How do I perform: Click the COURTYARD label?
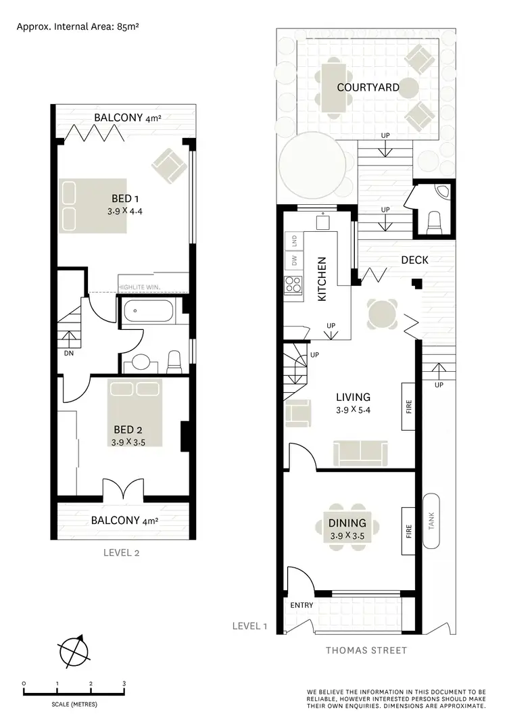(368, 87)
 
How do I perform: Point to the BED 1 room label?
(125, 198)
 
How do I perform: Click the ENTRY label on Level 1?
(301, 605)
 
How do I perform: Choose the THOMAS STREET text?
(367, 650)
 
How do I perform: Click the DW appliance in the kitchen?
(293, 260)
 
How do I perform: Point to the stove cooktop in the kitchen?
(293, 285)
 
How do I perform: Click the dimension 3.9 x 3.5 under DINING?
(347, 535)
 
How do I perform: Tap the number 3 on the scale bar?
(124, 684)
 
